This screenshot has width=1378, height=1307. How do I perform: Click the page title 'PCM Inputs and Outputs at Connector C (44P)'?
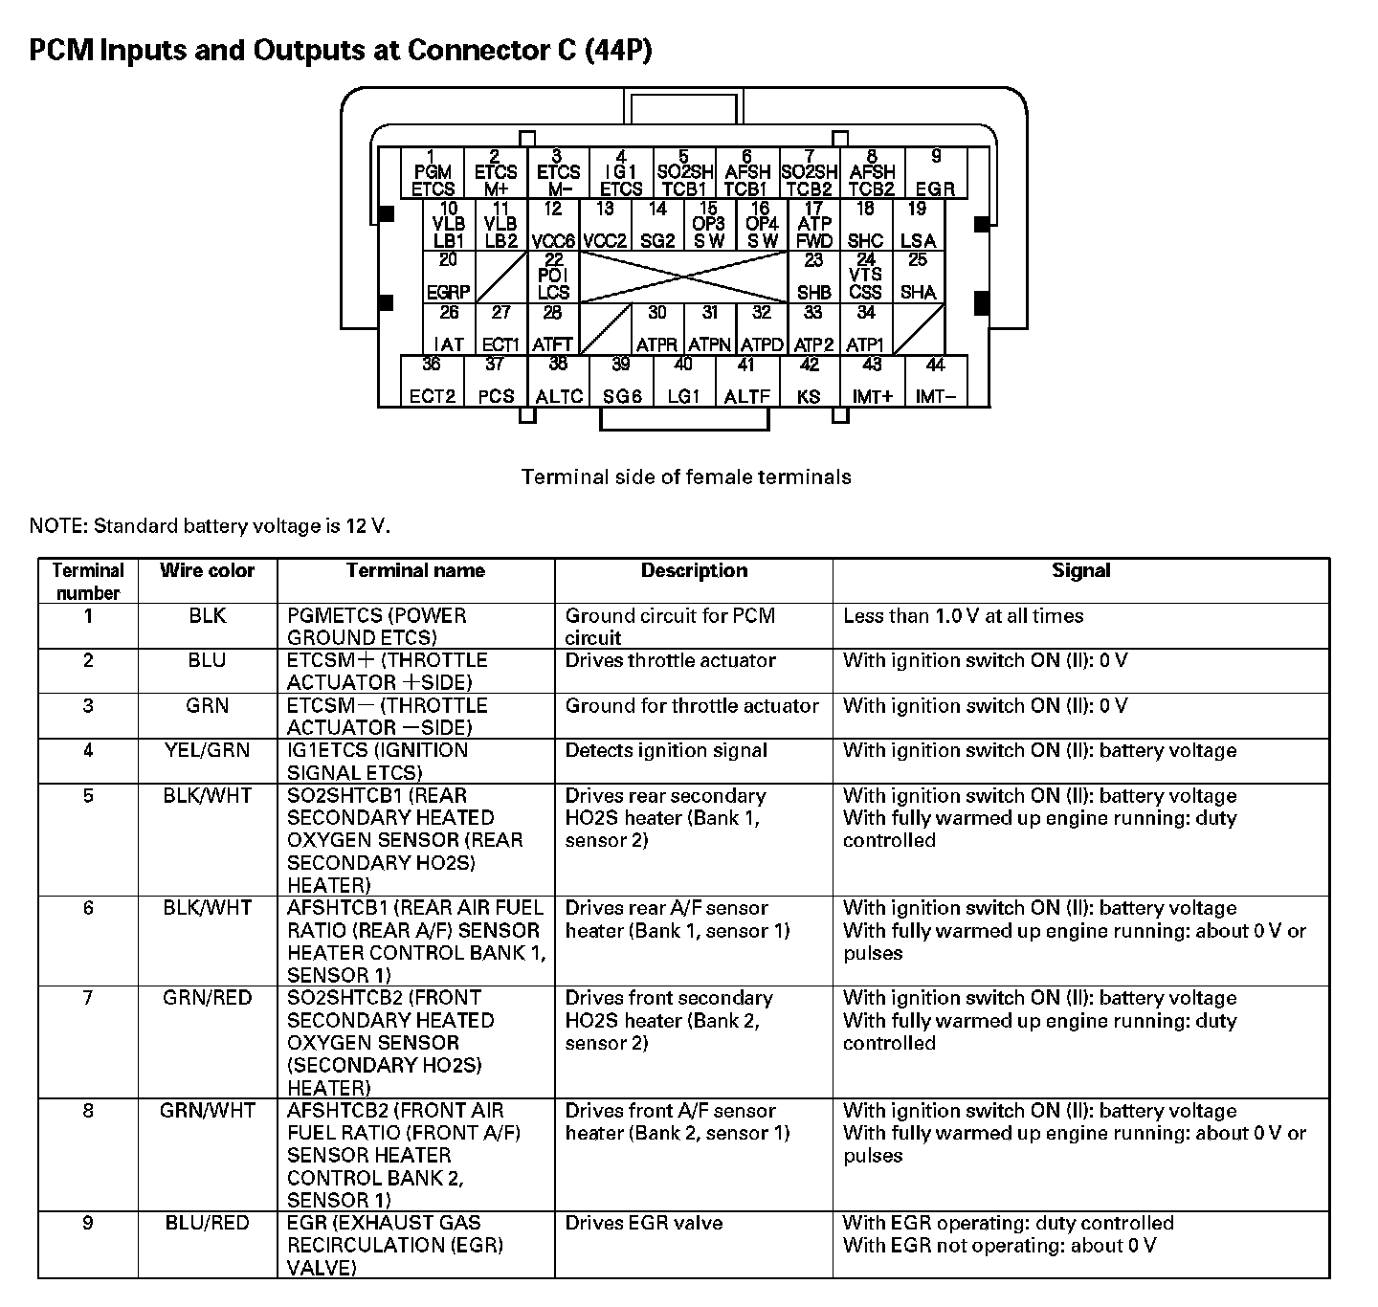point(341,50)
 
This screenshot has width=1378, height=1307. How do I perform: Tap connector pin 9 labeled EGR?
point(935,173)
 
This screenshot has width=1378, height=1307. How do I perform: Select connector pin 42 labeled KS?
point(810,381)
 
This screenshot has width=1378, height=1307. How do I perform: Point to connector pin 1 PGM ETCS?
point(433,173)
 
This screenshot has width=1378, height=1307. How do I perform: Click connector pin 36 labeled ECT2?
point(433,381)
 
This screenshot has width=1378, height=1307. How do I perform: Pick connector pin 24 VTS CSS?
point(865,277)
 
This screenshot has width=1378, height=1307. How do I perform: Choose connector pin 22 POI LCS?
point(553,277)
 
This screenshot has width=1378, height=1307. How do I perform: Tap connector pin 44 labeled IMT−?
point(935,381)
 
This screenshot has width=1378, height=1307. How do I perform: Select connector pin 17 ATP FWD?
point(813,225)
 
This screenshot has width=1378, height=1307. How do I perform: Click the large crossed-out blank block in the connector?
point(683,277)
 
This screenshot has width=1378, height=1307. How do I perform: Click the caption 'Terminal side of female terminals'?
point(686,476)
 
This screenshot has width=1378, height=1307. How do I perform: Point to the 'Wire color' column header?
point(207,571)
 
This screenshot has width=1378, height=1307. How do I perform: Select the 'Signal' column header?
point(1080,571)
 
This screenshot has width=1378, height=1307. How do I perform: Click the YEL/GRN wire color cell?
point(207,751)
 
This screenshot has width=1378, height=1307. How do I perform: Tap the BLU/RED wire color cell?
point(207,1224)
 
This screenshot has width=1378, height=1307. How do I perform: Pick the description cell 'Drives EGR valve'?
point(644,1224)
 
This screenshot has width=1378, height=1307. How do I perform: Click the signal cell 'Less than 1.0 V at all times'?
point(963,616)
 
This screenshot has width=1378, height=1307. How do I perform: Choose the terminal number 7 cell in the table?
point(88,998)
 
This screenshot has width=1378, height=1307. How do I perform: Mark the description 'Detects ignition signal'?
point(666,751)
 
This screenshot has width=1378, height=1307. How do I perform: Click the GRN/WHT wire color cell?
point(207,1111)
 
